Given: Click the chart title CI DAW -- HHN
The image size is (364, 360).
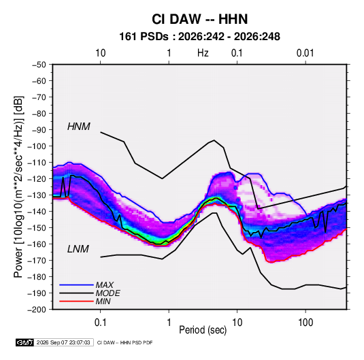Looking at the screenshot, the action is point(199,19).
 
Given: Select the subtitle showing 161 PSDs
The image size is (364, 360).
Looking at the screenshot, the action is point(199,37).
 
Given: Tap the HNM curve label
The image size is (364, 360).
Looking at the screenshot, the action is point(79,127).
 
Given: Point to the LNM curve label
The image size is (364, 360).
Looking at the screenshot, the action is point(78,249).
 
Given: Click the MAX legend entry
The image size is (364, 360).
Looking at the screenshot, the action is point(105,284).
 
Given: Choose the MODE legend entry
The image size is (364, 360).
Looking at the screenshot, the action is point(107,293).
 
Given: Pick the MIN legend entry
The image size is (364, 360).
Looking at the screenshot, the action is point(103,301).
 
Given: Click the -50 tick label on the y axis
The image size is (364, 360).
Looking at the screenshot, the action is point(39,65).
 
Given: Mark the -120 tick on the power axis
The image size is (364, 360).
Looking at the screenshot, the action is point(37,179).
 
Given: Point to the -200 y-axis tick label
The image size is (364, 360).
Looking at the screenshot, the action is point(37,310).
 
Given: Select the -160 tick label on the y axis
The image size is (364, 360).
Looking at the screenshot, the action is point(37,244).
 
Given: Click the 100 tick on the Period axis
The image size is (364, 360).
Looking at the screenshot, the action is point(305,323).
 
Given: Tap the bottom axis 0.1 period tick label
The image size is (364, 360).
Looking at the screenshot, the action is point(100,323).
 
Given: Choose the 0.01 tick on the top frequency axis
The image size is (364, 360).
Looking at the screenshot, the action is point(305,53).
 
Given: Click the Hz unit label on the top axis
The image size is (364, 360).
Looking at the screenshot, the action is point(203,53).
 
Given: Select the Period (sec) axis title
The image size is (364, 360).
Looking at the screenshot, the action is point(203,330).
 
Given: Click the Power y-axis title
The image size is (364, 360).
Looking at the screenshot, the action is point(18,187).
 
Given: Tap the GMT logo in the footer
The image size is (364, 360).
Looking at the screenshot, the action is point(24,342).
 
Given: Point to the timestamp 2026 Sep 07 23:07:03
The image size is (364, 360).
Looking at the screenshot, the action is point(63,342).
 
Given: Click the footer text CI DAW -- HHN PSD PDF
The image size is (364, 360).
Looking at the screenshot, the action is point(125,342).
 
